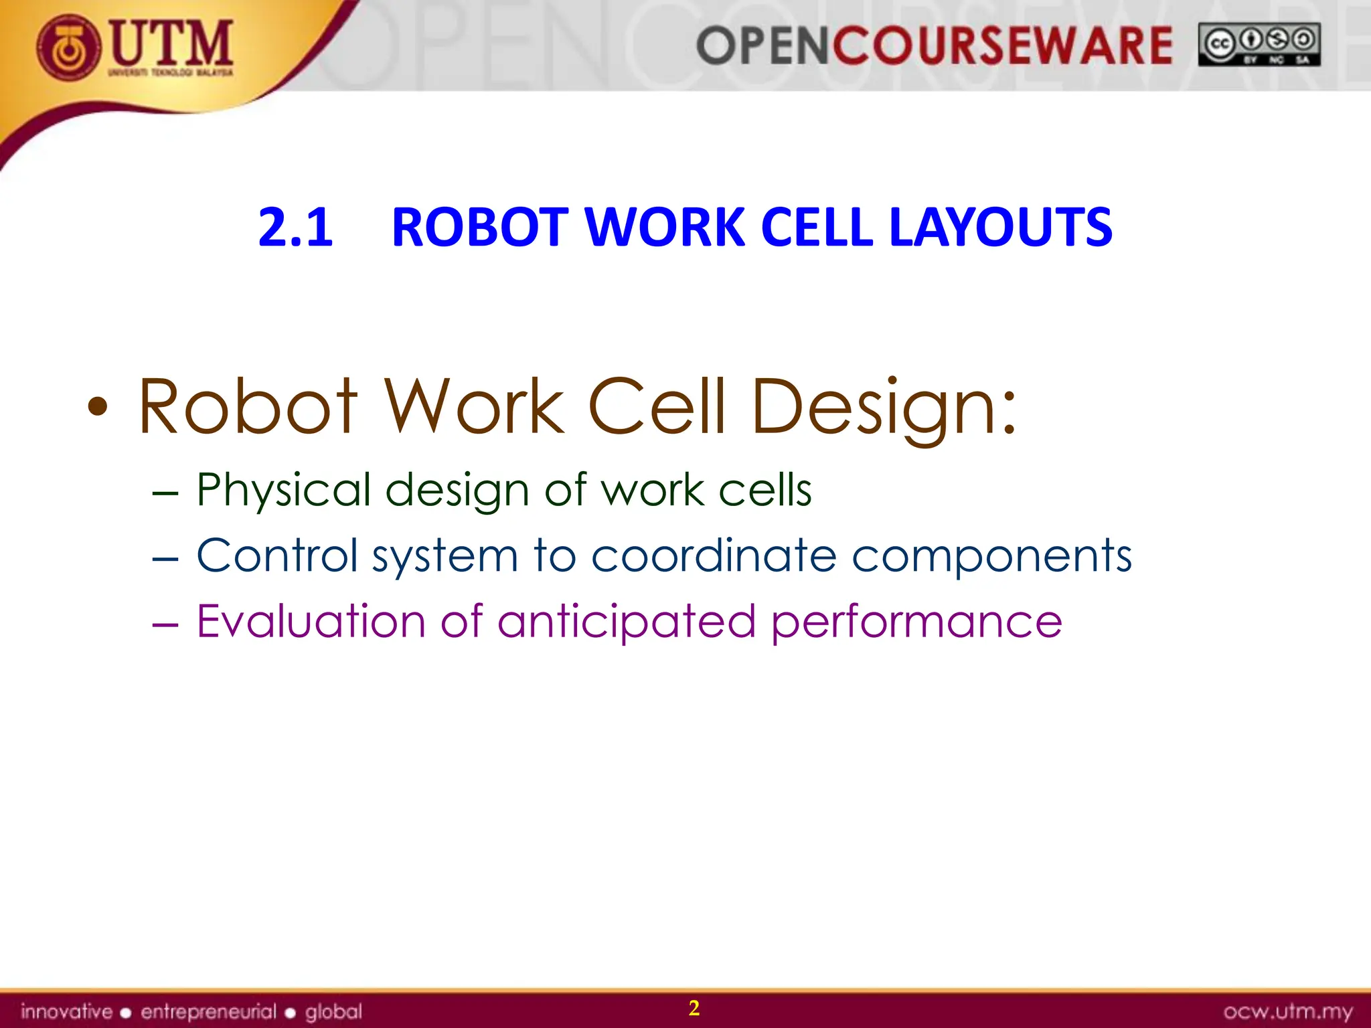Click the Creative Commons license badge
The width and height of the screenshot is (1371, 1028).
pyautogui.click(x=1259, y=45)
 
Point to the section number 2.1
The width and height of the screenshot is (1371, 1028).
pyautogui.click(x=295, y=228)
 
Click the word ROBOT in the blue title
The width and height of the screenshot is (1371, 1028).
pyautogui.click(x=479, y=228)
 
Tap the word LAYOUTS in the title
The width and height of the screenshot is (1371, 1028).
pyautogui.click(x=1000, y=228)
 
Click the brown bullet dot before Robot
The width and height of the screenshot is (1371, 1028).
pyautogui.click(x=98, y=407)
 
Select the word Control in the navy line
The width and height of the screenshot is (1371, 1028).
pyautogui.click(x=277, y=555)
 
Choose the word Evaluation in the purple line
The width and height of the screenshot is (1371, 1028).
pyautogui.click(x=311, y=621)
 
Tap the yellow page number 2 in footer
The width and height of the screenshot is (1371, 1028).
pyautogui.click(x=694, y=1008)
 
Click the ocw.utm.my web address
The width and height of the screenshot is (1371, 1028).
pyautogui.click(x=1288, y=1011)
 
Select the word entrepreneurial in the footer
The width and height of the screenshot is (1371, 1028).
pyautogui.click(x=208, y=1011)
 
